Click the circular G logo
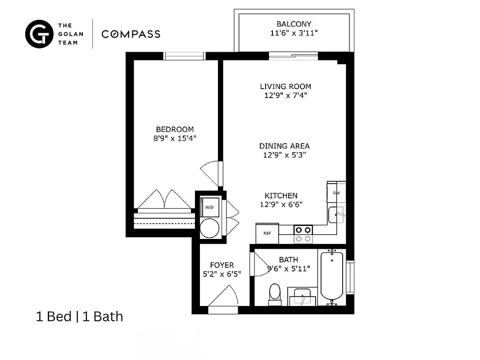click(x=39, y=34)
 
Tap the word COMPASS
click(x=131, y=34)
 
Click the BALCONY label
click(x=294, y=24)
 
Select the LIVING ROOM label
click(x=285, y=86)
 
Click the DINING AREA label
click(x=284, y=146)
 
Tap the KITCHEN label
click(x=281, y=196)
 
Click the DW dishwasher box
click(x=336, y=193)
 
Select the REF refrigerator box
click(x=267, y=234)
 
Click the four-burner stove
click(x=303, y=233)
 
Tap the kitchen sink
click(x=336, y=215)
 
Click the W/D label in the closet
click(x=209, y=207)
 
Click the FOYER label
click(x=222, y=265)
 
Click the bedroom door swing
click(x=210, y=171)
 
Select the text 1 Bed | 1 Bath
click(x=79, y=317)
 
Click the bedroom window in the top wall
click(x=184, y=56)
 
